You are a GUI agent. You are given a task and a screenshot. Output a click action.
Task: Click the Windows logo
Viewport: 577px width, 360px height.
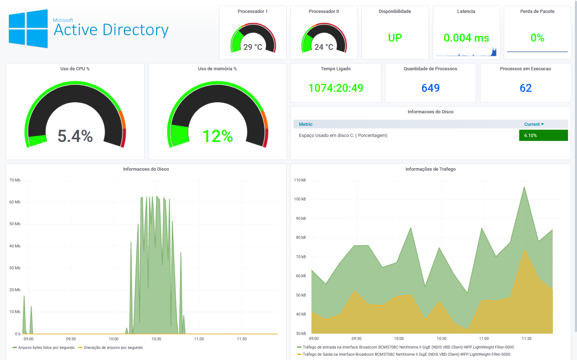coord(28,29)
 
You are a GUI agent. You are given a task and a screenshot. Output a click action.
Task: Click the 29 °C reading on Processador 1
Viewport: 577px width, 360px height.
coord(253,47)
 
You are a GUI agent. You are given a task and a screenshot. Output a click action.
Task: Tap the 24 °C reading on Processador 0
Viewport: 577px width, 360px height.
coord(324,47)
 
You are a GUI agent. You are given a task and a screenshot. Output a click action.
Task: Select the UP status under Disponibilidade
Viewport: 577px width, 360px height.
coord(395,38)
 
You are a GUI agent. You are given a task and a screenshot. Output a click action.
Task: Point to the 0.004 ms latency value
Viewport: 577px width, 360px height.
coord(466,38)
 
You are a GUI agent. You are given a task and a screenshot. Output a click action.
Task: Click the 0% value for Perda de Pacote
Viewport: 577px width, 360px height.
coord(537,38)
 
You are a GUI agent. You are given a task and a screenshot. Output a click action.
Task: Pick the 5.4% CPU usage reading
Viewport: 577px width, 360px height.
coord(75,136)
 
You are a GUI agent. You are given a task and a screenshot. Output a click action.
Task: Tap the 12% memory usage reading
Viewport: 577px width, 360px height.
coord(217,136)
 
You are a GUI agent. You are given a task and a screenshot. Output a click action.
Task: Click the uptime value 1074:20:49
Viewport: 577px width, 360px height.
coord(336,88)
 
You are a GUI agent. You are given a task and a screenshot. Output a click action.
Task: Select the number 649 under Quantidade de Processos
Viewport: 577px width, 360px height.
coord(430,88)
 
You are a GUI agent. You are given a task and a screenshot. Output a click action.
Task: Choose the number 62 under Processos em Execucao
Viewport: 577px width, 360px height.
coord(525,88)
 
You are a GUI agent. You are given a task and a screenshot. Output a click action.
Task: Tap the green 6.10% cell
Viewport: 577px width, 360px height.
coord(543,136)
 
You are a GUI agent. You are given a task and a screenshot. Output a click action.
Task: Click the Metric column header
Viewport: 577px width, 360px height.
coord(305,124)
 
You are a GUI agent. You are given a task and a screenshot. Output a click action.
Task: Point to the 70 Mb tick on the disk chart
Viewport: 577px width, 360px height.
coord(15,180)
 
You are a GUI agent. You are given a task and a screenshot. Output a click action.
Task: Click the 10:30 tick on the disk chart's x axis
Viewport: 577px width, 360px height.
coord(156,339)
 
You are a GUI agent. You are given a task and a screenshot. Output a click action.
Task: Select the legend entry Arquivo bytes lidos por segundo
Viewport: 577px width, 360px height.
coord(46,347)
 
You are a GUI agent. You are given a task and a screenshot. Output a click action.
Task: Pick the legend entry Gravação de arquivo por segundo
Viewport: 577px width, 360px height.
coord(113,347)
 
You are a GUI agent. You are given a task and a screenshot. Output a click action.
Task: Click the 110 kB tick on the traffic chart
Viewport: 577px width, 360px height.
coord(300,180)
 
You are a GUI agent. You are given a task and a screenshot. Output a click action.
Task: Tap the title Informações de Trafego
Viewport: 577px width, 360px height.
coord(430,169)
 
